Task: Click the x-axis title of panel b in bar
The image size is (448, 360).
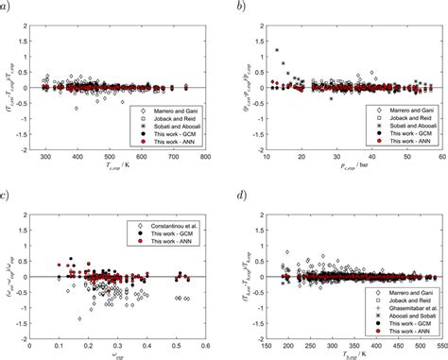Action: coord(350,164)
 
